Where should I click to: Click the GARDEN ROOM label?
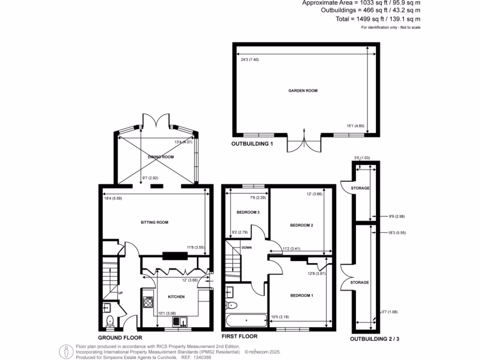tap(302, 90)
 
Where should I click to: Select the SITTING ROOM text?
tap(154, 222)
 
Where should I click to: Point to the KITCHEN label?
tap(176, 297)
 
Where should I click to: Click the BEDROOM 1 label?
tap(301, 295)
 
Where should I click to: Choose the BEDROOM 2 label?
tap(301, 225)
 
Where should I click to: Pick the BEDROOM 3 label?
tap(248, 212)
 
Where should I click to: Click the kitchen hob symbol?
tap(148, 301)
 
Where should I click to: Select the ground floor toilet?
tap(111, 321)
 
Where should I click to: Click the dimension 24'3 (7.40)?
tap(250, 60)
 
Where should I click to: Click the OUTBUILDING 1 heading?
tap(252, 144)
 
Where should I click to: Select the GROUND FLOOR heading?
tap(120, 337)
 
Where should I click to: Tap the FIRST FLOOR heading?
tap(239, 336)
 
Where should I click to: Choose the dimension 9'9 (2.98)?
tap(387, 217)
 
